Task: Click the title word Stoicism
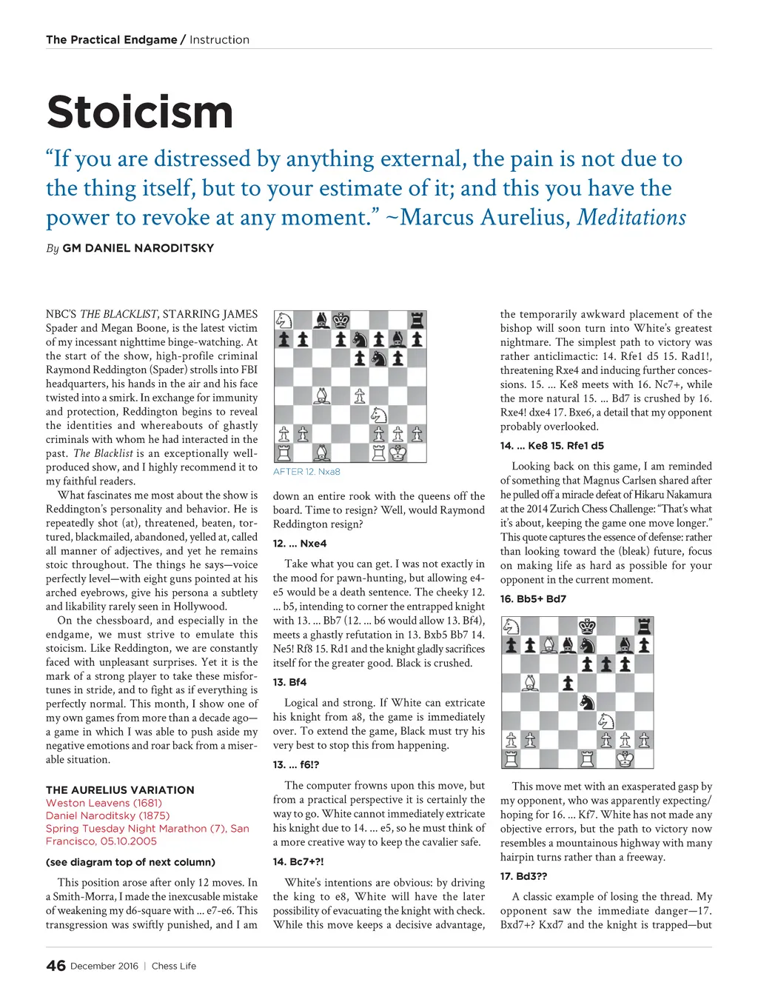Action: click(x=140, y=113)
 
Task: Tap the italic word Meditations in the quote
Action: click(x=631, y=217)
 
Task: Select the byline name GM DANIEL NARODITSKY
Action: click(x=138, y=248)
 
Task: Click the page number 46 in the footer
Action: click(x=56, y=966)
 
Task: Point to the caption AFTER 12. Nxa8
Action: click(x=306, y=472)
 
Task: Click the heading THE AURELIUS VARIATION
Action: click(x=120, y=790)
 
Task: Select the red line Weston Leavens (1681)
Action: click(x=104, y=803)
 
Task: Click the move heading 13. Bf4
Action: click(x=289, y=682)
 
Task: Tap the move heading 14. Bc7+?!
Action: click(x=298, y=861)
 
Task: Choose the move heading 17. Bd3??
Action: click(x=523, y=875)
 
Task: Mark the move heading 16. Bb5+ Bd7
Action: click(x=533, y=598)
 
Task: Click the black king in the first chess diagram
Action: click(x=341, y=320)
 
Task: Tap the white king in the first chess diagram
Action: click(x=398, y=453)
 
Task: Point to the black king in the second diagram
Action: click(x=587, y=626)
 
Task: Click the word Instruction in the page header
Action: click(x=219, y=40)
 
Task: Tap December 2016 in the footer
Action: click(x=104, y=966)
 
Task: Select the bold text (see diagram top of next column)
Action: click(x=130, y=862)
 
